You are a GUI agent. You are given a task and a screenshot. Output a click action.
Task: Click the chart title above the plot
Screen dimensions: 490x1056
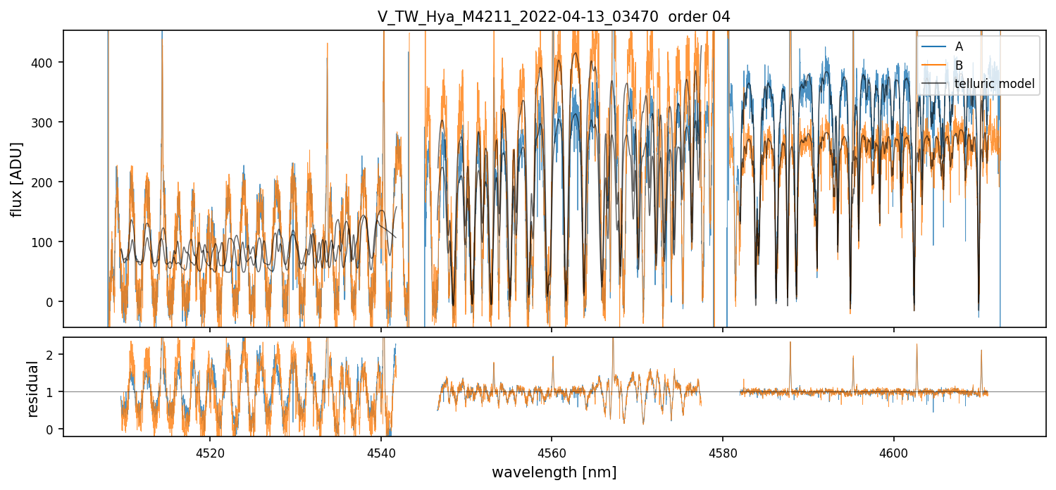pyautogui.click(x=554, y=17)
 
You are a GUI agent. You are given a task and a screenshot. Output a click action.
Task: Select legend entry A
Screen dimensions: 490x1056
pyautogui.click(x=959, y=46)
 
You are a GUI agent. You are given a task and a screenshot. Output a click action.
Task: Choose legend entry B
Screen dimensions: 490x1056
pyautogui.click(x=959, y=65)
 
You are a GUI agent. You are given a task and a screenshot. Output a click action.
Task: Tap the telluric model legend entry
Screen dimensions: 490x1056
pyautogui.click(x=994, y=84)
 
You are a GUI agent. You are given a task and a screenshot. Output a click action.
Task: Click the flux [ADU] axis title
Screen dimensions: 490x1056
pyautogui.click(x=15, y=179)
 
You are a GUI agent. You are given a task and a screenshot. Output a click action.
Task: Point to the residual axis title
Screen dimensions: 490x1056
pyautogui.click(x=32, y=388)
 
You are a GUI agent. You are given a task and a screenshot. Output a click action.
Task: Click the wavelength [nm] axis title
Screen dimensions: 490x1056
pyautogui.click(x=554, y=472)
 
